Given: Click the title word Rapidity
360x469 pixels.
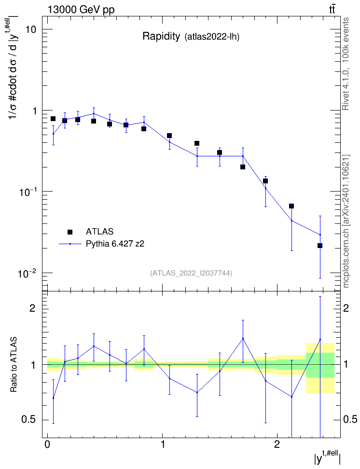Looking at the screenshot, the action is point(161,37).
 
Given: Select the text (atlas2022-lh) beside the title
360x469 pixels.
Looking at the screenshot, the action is point(212,37).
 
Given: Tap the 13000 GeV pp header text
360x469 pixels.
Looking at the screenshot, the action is point(81,10).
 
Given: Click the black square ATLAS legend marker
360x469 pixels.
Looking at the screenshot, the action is point(70,232).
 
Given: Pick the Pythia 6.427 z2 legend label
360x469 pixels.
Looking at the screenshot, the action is point(115,244).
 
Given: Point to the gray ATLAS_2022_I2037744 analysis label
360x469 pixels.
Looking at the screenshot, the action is point(191,273).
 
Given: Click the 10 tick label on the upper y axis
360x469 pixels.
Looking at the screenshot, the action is point(30,29).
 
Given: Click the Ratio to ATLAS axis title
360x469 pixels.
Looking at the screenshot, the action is point(14,365).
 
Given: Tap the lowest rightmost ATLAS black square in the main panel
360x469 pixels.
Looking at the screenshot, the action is point(320,246).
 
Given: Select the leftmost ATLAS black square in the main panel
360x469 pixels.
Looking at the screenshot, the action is point(53,119).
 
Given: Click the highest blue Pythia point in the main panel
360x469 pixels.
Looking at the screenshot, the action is point(94,114).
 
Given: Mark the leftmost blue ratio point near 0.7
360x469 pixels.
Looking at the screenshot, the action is point(53,399).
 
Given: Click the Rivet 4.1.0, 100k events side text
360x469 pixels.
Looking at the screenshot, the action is point(346,64).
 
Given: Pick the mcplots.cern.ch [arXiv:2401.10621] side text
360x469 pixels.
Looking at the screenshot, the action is point(346,221).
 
